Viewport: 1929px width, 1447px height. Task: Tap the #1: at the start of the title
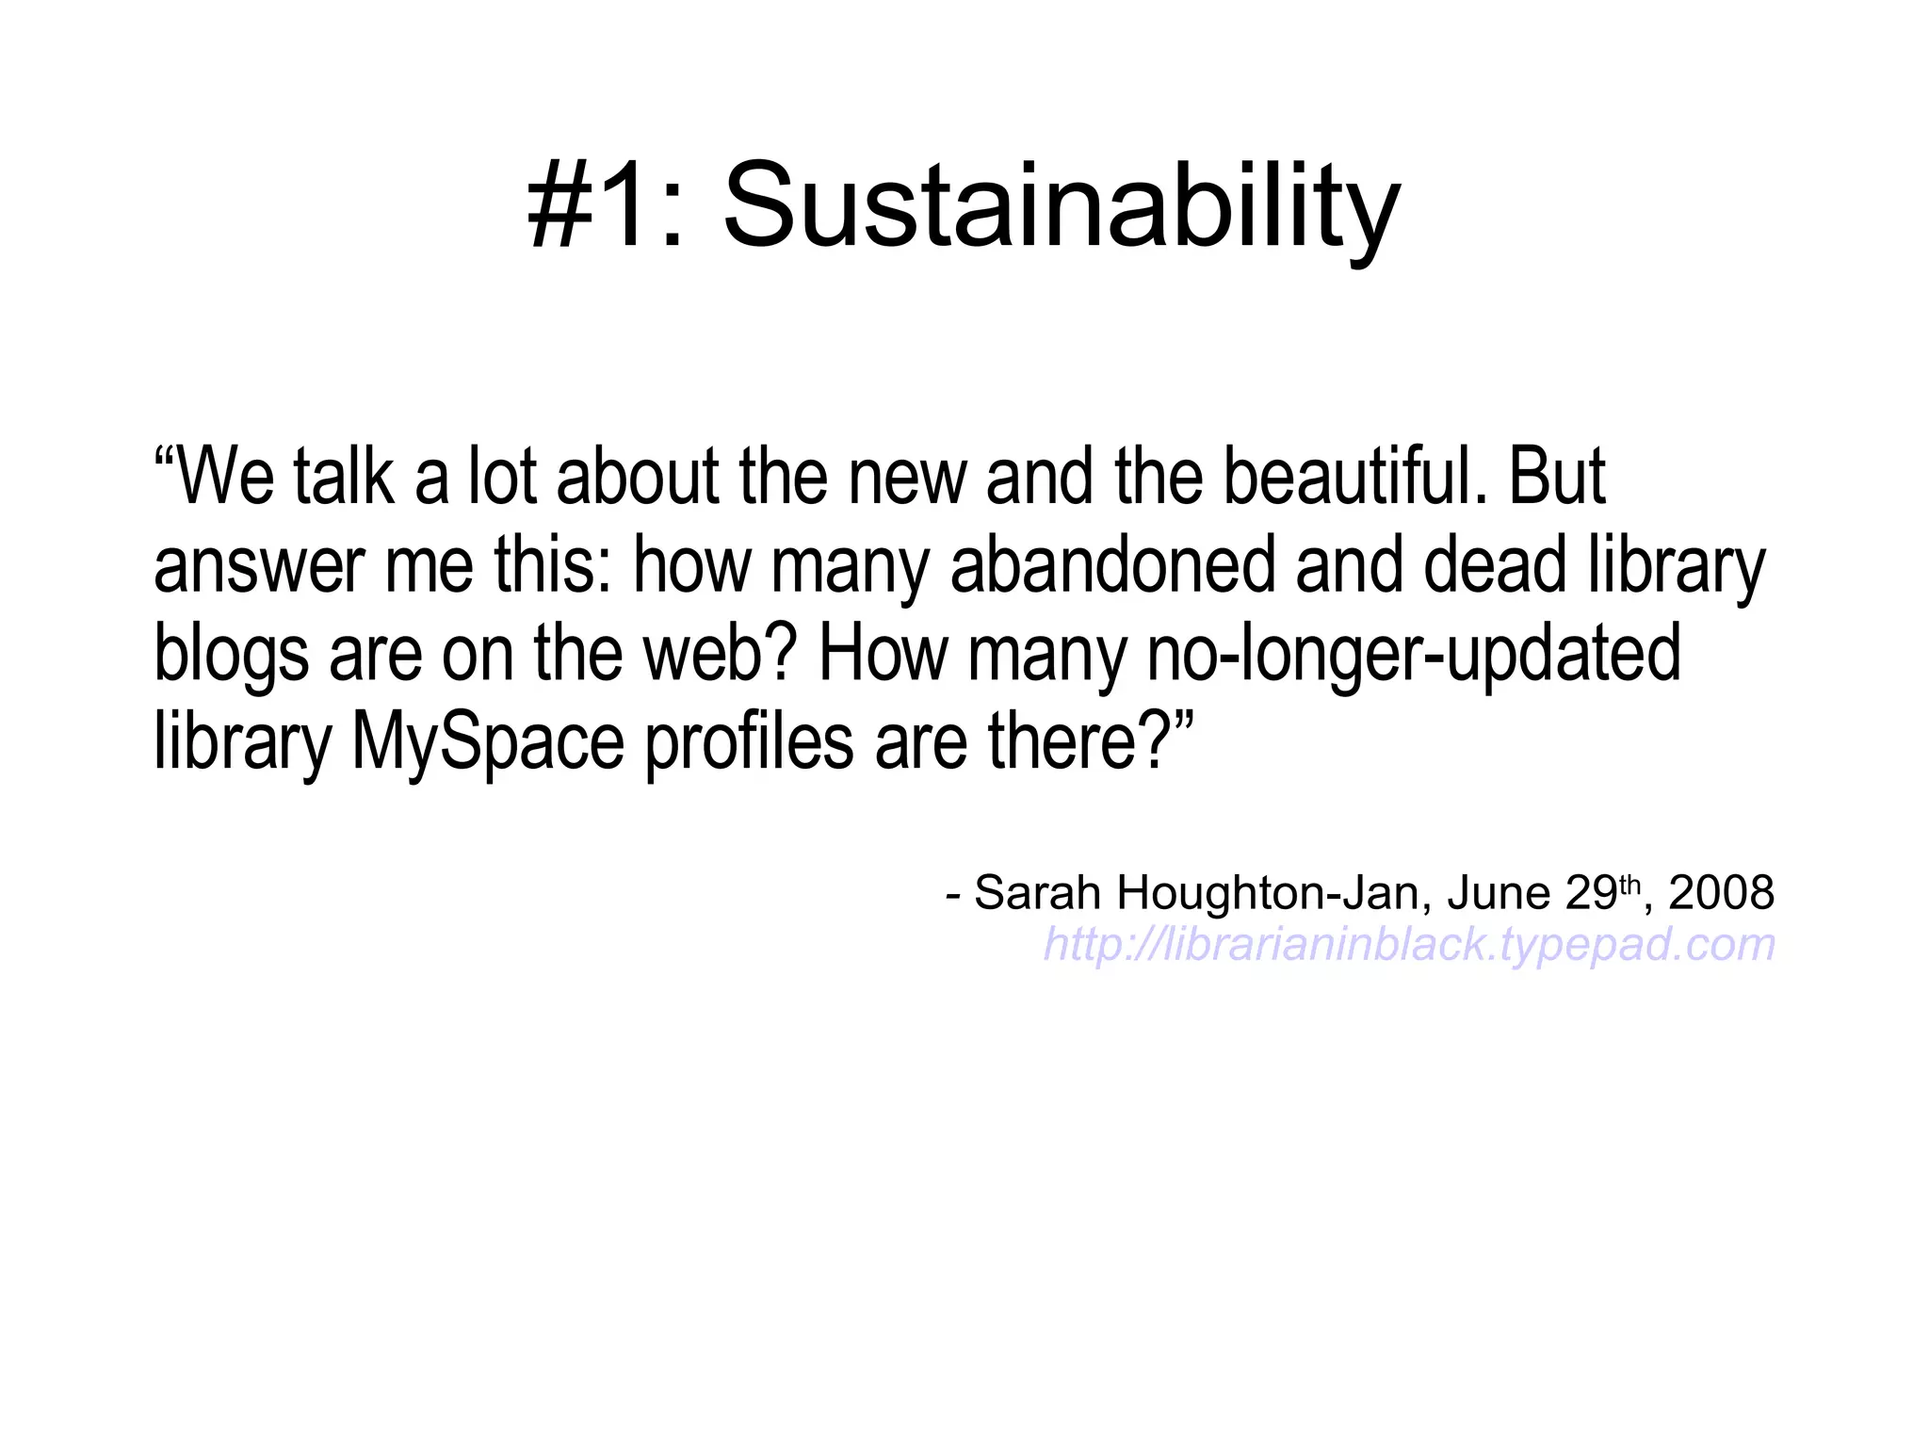pyautogui.click(x=604, y=207)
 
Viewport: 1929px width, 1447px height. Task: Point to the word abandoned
pyautogui.click(x=1112, y=564)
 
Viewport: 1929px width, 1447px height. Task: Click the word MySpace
pyautogui.click(x=488, y=742)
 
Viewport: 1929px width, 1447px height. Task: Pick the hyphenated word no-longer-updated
pyautogui.click(x=1413, y=653)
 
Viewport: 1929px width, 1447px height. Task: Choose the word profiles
pyautogui.click(x=750, y=742)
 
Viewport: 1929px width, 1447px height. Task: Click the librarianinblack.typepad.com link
pyautogui.click(x=1409, y=944)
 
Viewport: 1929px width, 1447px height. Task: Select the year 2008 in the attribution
pyautogui.click(x=1721, y=892)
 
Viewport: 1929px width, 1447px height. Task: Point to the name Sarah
pyautogui.click(x=1037, y=892)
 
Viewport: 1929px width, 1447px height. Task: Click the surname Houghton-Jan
pyautogui.click(x=1267, y=892)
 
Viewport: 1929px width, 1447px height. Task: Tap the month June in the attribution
pyautogui.click(x=1499, y=892)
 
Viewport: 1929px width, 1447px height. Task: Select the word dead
pyautogui.click(x=1494, y=564)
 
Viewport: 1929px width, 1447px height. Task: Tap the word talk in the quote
pyautogui.click(x=343, y=476)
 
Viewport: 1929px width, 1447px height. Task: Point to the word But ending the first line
pyautogui.click(x=1559, y=476)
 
